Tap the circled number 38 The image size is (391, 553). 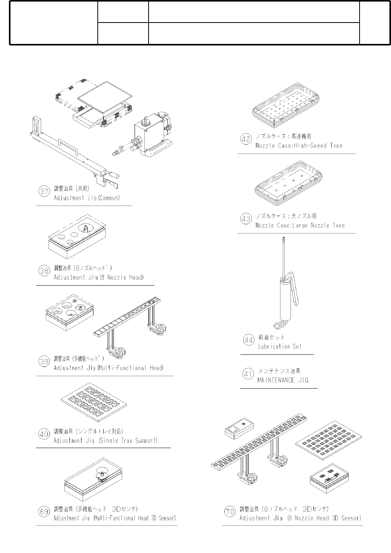(x=44, y=271)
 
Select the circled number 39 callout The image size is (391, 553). (x=44, y=361)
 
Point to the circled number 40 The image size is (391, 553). (x=44, y=434)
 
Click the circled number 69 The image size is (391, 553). (x=44, y=511)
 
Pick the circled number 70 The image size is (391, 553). (x=230, y=511)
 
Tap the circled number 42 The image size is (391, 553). (x=246, y=139)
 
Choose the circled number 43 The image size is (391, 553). (x=246, y=219)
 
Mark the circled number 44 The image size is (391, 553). (x=248, y=340)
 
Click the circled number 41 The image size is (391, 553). (x=248, y=374)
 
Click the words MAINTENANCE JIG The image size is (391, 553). (x=283, y=380)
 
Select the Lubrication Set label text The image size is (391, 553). (x=280, y=346)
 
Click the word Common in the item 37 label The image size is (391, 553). (x=109, y=198)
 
